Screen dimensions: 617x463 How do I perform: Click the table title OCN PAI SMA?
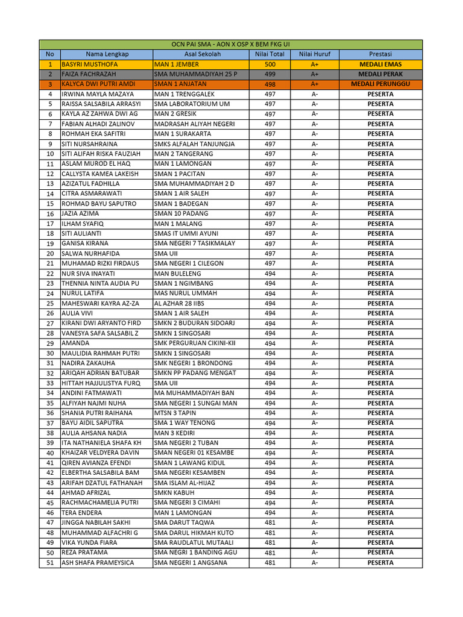(x=231, y=44)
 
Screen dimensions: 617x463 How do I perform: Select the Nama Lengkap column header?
(x=107, y=54)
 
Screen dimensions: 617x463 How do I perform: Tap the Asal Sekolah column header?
(x=202, y=54)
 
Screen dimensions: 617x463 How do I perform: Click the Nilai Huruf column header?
(x=315, y=54)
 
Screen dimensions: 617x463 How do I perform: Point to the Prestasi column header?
(x=380, y=54)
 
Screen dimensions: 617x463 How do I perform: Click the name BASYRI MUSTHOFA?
(x=90, y=64)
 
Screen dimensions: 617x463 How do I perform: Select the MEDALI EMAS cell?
(x=380, y=64)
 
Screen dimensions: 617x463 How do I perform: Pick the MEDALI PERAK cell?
(x=380, y=74)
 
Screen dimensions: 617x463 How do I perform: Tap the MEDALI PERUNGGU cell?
(x=380, y=84)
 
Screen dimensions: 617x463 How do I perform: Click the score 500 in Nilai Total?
(x=270, y=64)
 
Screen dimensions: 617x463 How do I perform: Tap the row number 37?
(x=50, y=423)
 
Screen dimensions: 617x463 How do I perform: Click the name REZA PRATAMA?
(x=85, y=553)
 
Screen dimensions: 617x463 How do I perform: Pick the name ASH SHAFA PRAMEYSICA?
(x=98, y=563)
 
